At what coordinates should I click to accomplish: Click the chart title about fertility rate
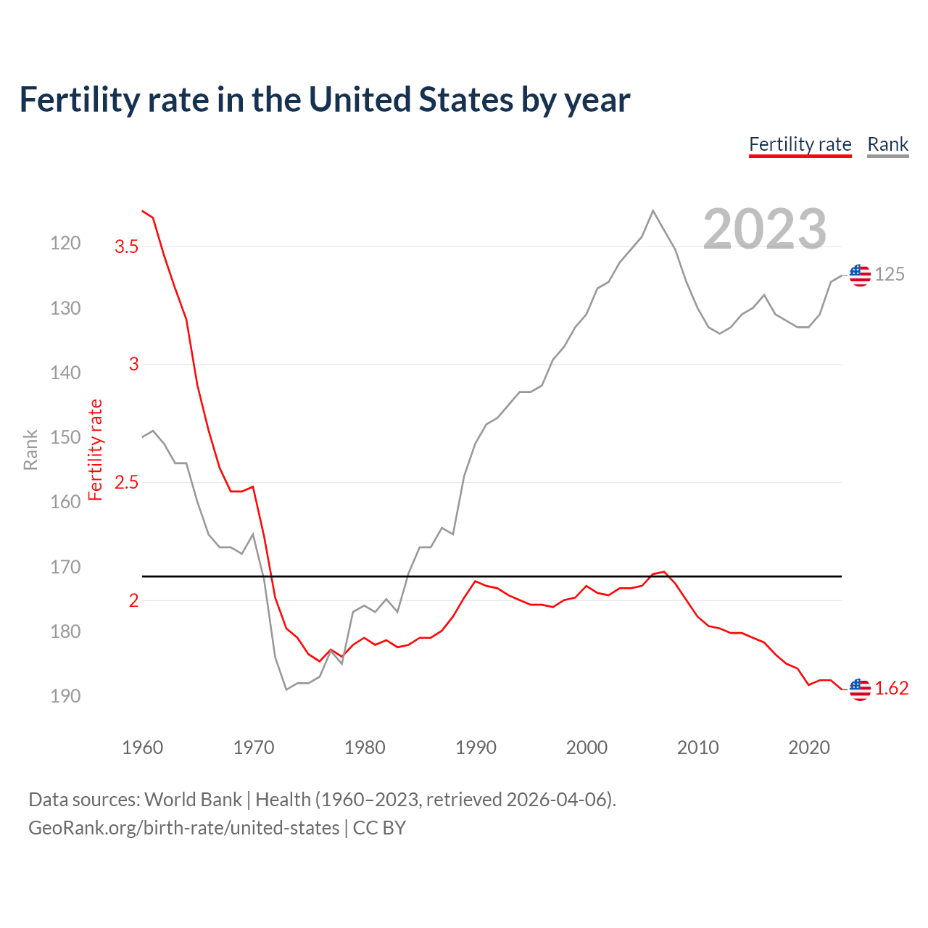click(324, 100)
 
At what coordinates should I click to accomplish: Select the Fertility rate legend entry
click(800, 144)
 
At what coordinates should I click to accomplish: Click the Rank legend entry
click(887, 144)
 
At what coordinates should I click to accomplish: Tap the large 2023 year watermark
click(765, 229)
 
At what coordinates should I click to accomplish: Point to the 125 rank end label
click(890, 275)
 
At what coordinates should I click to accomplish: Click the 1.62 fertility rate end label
click(891, 689)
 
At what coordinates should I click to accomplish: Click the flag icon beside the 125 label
click(860, 275)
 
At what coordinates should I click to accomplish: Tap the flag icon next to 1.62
click(860, 689)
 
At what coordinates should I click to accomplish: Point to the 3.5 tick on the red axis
click(126, 247)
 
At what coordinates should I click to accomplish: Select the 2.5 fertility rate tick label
click(126, 483)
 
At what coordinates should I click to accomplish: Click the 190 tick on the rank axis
click(65, 696)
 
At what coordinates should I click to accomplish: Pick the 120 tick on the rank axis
click(65, 244)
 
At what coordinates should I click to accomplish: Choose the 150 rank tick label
click(65, 437)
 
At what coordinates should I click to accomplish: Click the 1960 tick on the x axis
click(143, 747)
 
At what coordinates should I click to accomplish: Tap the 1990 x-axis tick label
click(476, 747)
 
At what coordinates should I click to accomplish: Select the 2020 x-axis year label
click(808, 747)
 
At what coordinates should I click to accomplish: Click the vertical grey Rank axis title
click(30, 449)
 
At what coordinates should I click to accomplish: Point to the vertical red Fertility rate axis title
click(96, 449)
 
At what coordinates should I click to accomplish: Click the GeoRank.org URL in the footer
click(183, 828)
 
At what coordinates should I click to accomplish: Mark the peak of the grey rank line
click(653, 211)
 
